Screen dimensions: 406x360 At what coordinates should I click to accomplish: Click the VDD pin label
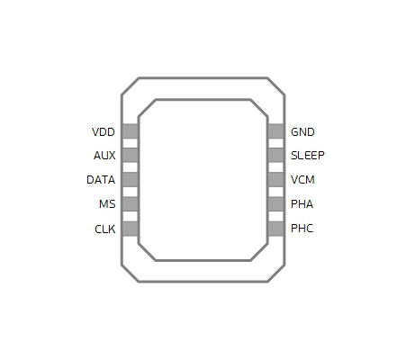click(x=104, y=132)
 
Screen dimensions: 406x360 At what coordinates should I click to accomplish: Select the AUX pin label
click(x=104, y=156)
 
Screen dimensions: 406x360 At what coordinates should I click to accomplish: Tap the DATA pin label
click(x=101, y=180)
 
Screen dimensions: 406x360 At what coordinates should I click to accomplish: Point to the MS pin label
click(x=107, y=204)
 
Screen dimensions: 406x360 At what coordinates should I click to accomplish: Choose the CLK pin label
click(x=105, y=229)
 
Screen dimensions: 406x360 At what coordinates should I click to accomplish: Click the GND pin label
click(x=302, y=132)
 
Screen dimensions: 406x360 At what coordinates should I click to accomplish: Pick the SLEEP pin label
click(x=308, y=156)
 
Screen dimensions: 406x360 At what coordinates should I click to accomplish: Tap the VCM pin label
click(x=302, y=180)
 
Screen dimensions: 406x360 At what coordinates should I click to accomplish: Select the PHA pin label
click(x=302, y=204)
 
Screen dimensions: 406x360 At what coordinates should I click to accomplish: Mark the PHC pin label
click(x=302, y=229)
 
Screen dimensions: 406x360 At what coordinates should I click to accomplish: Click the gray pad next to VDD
click(x=131, y=131)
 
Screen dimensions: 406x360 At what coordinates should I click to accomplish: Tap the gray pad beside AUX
click(x=131, y=155)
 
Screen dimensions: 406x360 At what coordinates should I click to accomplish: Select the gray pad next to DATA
click(x=131, y=179)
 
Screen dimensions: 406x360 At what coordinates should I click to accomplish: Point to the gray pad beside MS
click(x=131, y=204)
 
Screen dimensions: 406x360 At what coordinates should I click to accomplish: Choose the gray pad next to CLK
click(x=131, y=229)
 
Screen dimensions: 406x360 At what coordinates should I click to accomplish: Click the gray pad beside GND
click(x=275, y=131)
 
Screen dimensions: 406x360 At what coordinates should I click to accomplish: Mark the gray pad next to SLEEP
click(x=275, y=155)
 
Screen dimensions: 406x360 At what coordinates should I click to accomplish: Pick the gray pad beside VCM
click(x=275, y=179)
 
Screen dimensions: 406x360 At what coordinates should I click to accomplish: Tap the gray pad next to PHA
click(x=275, y=204)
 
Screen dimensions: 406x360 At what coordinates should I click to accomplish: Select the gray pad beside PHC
click(x=275, y=229)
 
